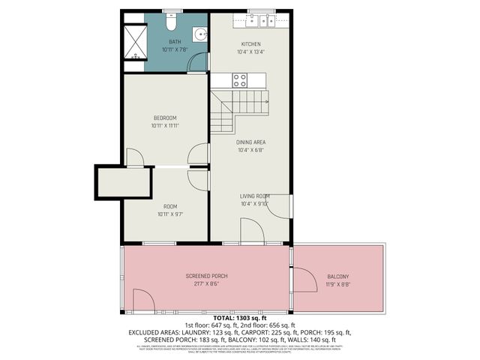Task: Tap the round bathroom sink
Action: [x=199, y=34]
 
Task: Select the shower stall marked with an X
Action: [x=134, y=42]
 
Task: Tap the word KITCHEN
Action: [x=250, y=44]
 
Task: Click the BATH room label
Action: [x=174, y=42]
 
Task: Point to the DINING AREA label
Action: [x=251, y=142]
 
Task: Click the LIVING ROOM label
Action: [x=254, y=196]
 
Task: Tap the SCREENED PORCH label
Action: [x=206, y=276]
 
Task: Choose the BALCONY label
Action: [x=337, y=277]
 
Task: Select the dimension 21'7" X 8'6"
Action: [x=206, y=284]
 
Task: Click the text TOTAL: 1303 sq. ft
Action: [x=239, y=318]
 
